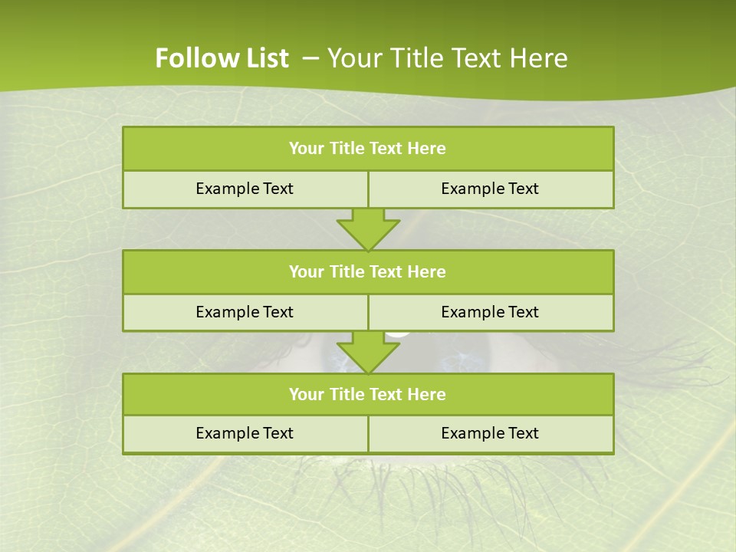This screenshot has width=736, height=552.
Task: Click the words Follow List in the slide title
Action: point(222,58)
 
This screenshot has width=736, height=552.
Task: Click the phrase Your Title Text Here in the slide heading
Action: point(448,58)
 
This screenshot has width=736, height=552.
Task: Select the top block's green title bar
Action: point(368,149)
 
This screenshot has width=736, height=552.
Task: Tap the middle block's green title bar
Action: point(368,271)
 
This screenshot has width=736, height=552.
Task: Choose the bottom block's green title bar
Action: point(368,394)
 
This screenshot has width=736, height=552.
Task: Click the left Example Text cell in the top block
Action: point(245,189)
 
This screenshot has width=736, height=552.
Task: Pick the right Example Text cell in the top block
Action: point(491,189)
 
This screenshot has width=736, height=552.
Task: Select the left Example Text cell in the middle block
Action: point(245,312)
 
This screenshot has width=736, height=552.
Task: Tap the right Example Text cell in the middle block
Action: point(491,312)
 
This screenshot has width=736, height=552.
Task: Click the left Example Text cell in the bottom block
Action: point(245,433)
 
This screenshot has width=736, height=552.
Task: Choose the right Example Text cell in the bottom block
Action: point(491,433)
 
